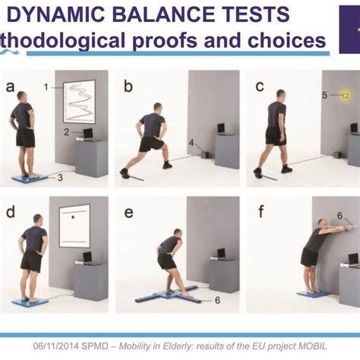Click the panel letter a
click(x=11, y=86)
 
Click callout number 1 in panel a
click(x=46, y=87)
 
